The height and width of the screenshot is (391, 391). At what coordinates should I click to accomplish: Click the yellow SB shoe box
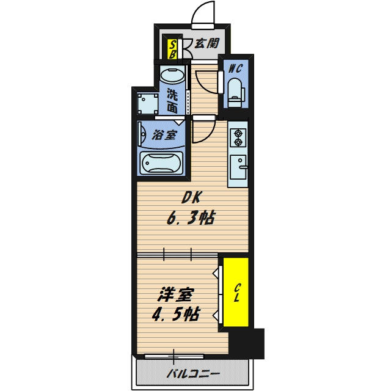[x=172, y=49]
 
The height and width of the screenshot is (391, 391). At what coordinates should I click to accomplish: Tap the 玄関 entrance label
[x=206, y=43]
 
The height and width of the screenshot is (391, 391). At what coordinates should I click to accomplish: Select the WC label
[x=236, y=68]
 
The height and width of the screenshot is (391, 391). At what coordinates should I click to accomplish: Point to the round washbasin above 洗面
[x=172, y=75]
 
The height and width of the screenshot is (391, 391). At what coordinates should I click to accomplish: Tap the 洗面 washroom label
[x=172, y=101]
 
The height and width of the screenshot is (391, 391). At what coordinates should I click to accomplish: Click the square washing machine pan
[x=148, y=103]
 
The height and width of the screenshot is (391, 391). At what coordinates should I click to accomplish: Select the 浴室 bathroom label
[x=164, y=135]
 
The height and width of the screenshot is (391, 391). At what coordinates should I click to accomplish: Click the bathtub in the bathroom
[x=161, y=163]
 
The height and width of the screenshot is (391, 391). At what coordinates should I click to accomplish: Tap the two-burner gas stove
[x=238, y=138]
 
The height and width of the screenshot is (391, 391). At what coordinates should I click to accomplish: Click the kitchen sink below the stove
[x=238, y=167]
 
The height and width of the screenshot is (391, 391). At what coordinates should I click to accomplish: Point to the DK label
[x=191, y=198]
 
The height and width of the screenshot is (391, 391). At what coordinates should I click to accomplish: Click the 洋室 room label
[x=175, y=295]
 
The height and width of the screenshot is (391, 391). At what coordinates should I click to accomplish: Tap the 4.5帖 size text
[x=176, y=315]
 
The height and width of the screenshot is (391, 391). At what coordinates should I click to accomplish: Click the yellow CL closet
[x=236, y=292]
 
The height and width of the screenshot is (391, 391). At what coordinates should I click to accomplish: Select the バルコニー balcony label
[x=194, y=373]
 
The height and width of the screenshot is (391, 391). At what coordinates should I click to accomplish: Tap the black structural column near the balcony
[x=246, y=343]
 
